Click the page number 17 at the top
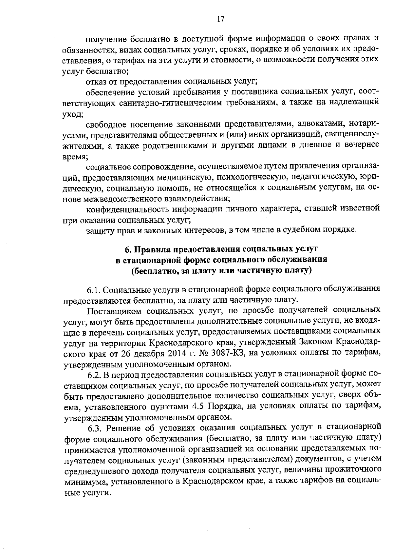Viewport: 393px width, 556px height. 220,19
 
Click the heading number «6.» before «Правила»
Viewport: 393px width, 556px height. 129,249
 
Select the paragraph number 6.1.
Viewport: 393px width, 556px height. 95,290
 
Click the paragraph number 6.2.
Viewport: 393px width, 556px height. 96,374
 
